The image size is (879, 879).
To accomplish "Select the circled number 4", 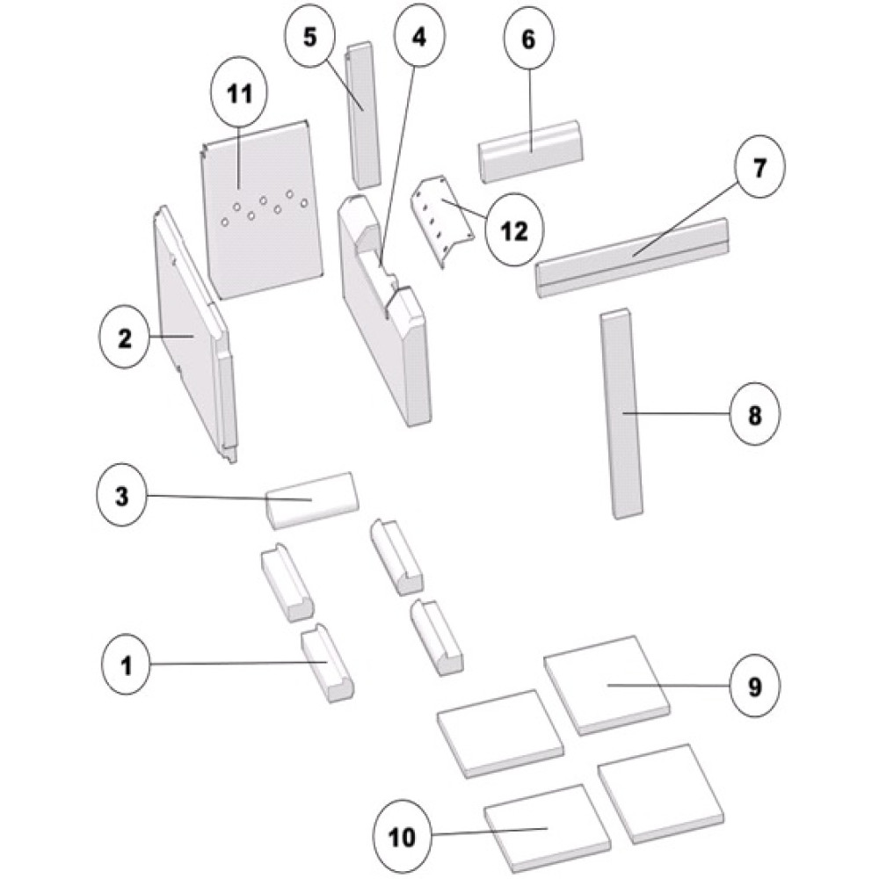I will point(419,39).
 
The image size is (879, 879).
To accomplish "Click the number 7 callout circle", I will point(759,168).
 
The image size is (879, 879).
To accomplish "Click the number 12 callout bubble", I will point(515,231).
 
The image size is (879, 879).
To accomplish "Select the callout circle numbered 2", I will point(126,338).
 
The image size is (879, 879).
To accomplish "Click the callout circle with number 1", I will point(127,665).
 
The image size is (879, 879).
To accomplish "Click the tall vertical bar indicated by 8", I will point(621,413).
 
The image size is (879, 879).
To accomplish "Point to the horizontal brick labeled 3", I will point(312,500).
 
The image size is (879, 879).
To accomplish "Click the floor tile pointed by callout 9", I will point(607,685).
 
